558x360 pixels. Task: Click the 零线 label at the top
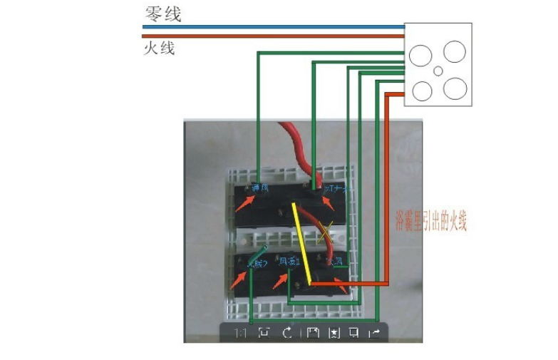click(x=162, y=14)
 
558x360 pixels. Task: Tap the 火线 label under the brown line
click(x=159, y=48)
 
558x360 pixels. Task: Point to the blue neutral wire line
click(x=271, y=27)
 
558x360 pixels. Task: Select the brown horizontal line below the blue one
click(x=271, y=36)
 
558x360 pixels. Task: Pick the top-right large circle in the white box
click(x=455, y=51)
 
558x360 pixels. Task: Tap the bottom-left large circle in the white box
click(x=423, y=91)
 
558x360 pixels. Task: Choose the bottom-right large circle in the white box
click(x=455, y=88)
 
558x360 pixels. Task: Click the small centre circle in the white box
click(x=438, y=71)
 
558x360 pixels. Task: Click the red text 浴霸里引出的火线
click(x=431, y=222)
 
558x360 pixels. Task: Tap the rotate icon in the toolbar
click(x=287, y=333)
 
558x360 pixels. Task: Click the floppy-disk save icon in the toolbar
click(x=311, y=333)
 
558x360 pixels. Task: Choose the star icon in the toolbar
click(x=334, y=333)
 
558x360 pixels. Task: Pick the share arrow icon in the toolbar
click(x=374, y=333)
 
